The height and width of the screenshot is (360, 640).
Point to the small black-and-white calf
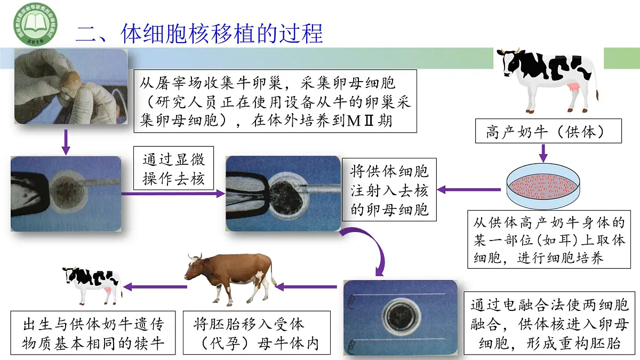tap(92, 282)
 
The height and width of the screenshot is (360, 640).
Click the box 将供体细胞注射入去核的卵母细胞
tap(389, 190)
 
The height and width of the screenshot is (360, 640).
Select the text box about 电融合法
tap(549, 324)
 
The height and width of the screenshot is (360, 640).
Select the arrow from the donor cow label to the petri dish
tap(543, 154)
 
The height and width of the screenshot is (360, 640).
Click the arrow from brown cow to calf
tap(156, 287)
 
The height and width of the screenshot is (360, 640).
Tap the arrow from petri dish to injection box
tap(469, 189)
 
